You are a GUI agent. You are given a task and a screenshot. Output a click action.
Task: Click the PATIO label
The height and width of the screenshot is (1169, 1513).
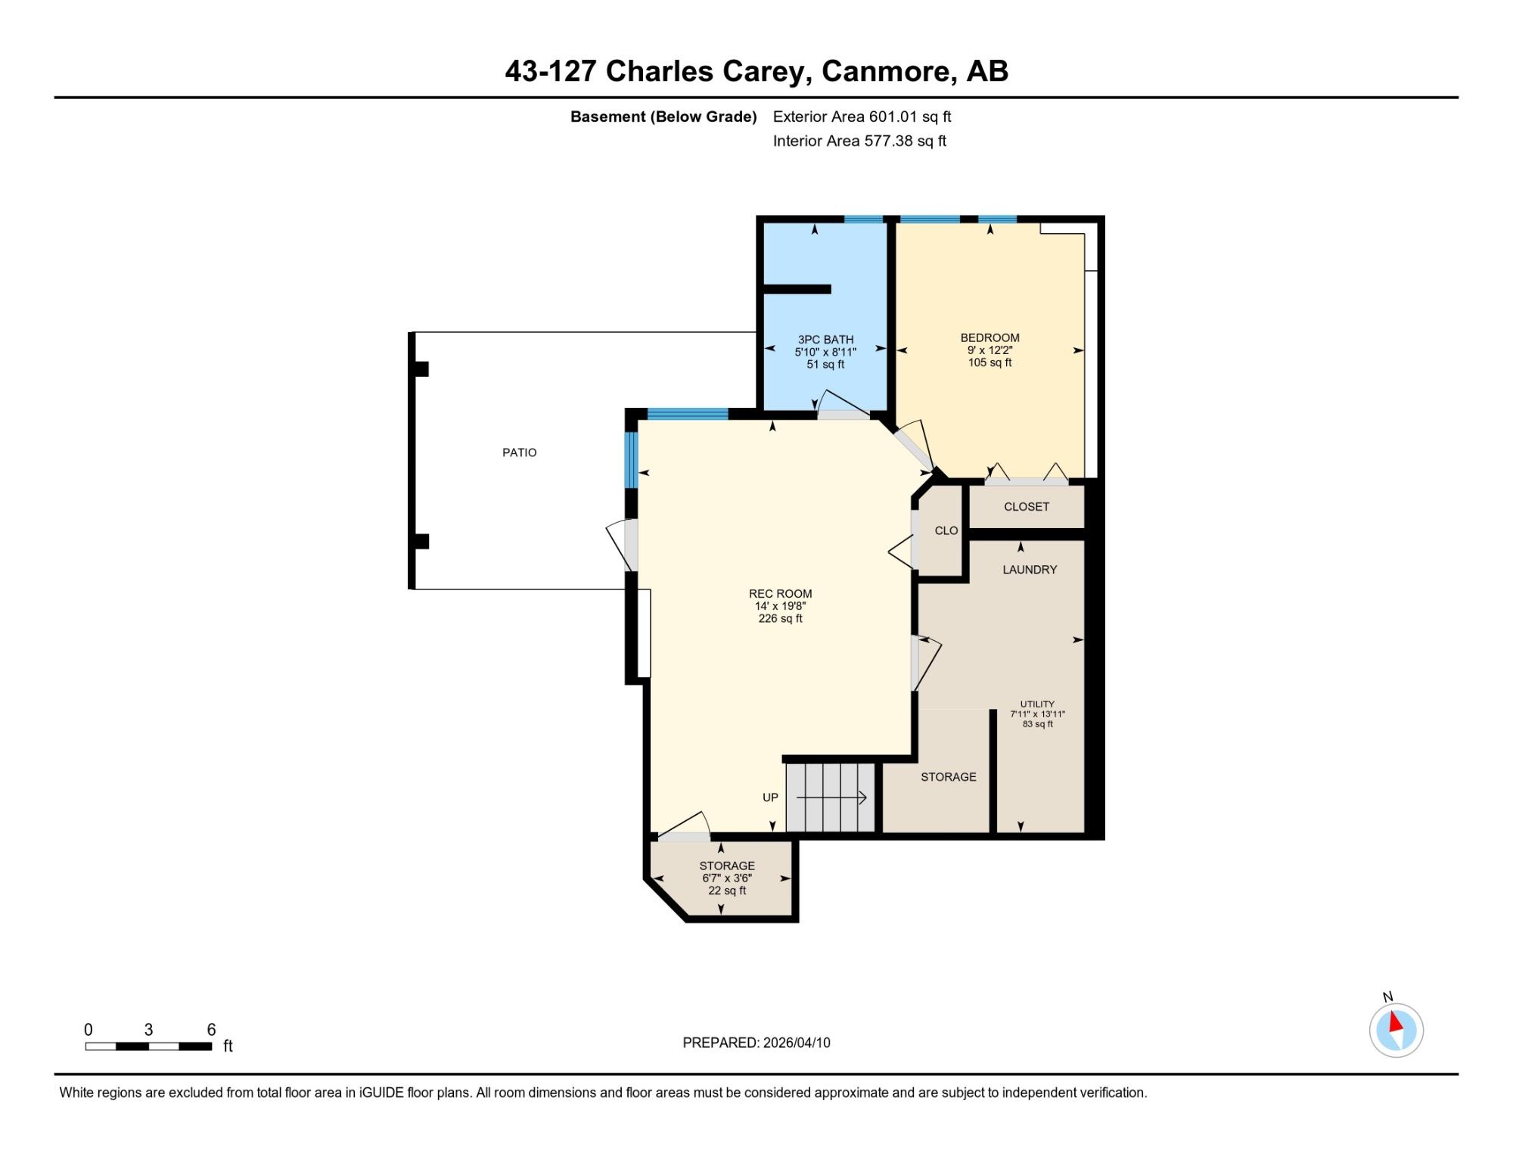click(x=520, y=452)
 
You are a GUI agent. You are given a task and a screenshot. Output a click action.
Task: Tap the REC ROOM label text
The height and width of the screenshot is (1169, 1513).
click(x=781, y=594)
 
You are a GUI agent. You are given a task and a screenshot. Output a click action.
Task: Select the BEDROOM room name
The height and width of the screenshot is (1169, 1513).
click(x=990, y=338)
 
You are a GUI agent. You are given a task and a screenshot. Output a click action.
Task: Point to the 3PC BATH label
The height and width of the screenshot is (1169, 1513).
click(x=825, y=340)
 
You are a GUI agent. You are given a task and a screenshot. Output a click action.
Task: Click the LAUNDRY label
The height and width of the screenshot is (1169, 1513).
click(x=1030, y=570)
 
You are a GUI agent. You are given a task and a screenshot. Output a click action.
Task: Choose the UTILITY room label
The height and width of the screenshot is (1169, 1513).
click(x=1037, y=704)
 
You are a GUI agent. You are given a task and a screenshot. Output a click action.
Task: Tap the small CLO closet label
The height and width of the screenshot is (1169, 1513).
click(x=946, y=531)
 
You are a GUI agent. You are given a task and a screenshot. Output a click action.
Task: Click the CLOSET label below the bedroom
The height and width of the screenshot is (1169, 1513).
click(x=1027, y=507)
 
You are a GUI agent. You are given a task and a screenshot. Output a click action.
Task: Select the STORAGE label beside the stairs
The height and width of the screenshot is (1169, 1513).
click(x=949, y=777)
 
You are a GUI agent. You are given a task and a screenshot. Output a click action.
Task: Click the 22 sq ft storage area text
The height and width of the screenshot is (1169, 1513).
click(x=727, y=891)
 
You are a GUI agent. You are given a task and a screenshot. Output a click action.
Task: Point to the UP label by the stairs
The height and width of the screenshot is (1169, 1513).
click(x=770, y=797)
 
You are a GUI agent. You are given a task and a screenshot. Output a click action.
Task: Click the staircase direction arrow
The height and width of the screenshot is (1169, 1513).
click(x=831, y=797)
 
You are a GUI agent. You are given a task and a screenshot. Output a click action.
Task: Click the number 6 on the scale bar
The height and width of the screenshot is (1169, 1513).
click(x=212, y=1030)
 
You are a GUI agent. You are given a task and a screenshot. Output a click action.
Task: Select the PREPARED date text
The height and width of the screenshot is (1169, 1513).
click(x=756, y=1043)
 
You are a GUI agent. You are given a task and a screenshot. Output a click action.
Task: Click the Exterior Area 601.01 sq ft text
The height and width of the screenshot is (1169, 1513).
click(x=862, y=117)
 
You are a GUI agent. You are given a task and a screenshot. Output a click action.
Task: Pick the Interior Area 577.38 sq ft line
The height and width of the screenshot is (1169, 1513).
click(x=859, y=141)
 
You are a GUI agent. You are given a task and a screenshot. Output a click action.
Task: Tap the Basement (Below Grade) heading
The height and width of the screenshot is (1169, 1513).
click(x=663, y=117)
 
